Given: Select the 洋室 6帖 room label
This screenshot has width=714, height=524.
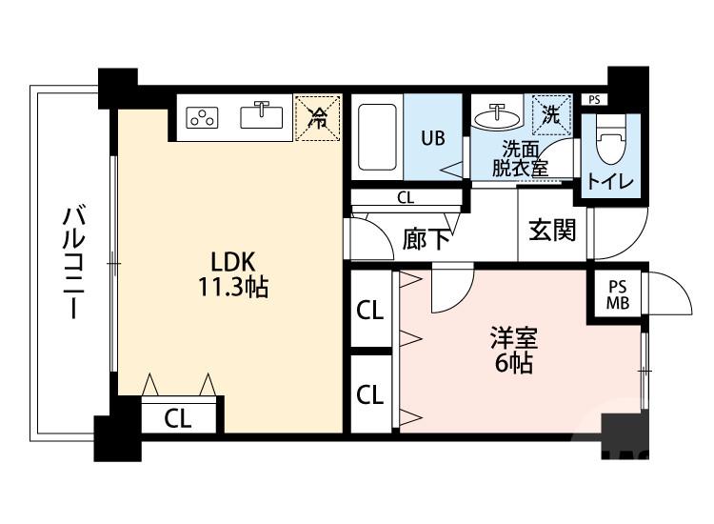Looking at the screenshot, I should pyautogui.click(x=513, y=350).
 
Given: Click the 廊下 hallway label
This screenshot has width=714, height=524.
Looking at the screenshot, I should pyautogui.click(x=426, y=238).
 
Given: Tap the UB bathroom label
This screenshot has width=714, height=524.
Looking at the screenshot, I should pyautogui.click(x=433, y=137).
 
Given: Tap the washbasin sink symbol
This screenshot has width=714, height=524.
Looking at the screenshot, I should pyautogui.click(x=497, y=118).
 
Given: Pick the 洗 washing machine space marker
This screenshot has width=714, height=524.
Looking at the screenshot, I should pyautogui.click(x=551, y=114).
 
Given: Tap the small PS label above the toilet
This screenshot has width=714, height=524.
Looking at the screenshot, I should pyautogui.click(x=594, y=99).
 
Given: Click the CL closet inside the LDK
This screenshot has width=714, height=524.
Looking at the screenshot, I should pyautogui.click(x=175, y=417).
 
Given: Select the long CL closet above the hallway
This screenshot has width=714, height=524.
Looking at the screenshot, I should pyautogui.click(x=405, y=199).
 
